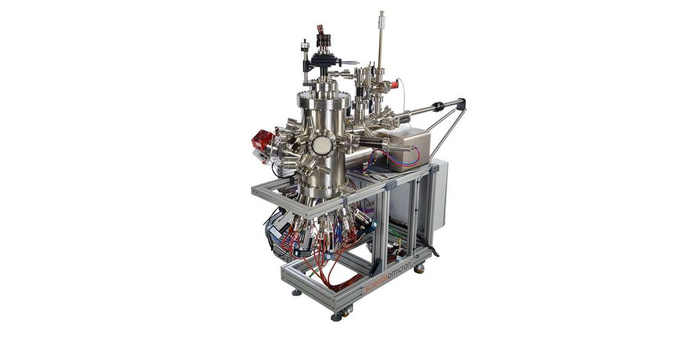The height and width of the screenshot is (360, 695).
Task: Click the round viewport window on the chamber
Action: [320, 146]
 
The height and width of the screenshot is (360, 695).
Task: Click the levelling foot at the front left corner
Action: [296, 292]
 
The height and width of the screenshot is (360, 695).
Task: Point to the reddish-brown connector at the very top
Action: [319, 29]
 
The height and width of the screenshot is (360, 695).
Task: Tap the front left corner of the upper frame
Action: [255, 191]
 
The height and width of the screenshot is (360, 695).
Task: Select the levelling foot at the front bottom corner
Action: [336, 316]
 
